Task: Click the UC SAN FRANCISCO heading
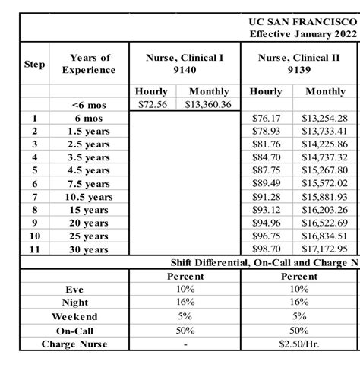pyautogui.click(x=303, y=22)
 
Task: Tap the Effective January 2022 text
pyautogui.click(x=303, y=34)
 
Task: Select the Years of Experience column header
pyautogui.click(x=90, y=64)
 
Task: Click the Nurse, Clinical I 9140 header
pyautogui.click(x=175, y=64)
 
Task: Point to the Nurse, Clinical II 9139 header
pyautogui.click(x=298, y=64)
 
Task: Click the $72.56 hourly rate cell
pyautogui.click(x=152, y=104)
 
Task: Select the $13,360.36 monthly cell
pyautogui.click(x=207, y=104)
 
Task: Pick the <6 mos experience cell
pyautogui.click(x=89, y=105)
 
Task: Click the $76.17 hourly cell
pyautogui.click(x=265, y=118)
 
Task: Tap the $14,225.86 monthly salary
pyautogui.click(x=324, y=144)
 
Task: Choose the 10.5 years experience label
pyautogui.click(x=90, y=197)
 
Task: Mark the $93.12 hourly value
pyautogui.click(x=265, y=210)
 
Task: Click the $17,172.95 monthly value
pyautogui.click(x=324, y=249)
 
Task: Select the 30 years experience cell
pyautogui.click(x=90, y=249)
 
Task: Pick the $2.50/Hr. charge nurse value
pyautogui.click(x=298, y=344)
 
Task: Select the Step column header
pyautogui.click(x=34, y=65)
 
